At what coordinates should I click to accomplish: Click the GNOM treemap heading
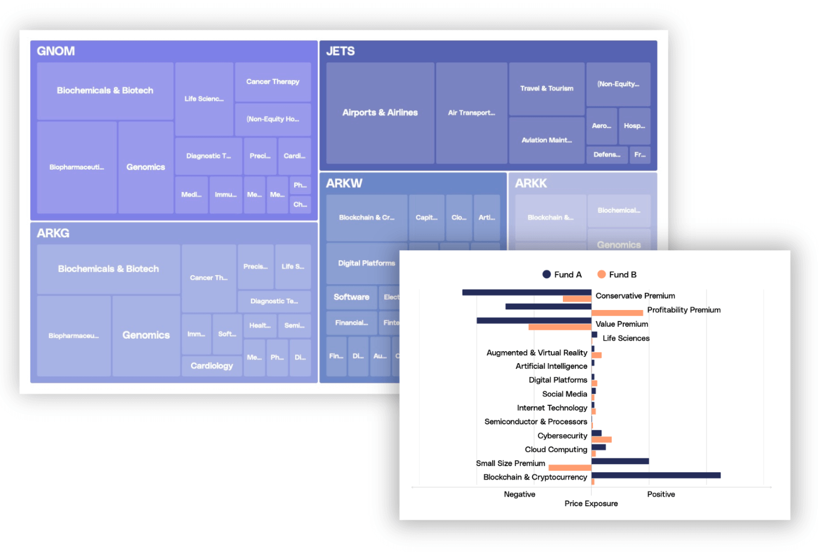click(x=56, y=51)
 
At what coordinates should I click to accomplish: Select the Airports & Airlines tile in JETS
click(x=380, y=112)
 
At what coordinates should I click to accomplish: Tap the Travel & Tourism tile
click(x=546, y=88)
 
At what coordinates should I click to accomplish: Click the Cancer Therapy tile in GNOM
click(x=272, y=82)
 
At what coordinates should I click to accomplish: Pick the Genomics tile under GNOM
click(x=145, y=167)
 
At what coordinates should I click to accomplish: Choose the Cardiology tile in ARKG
click(x=211, y=366)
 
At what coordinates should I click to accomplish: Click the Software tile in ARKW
click(x=351, y=297)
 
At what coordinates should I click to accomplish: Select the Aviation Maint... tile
click(x=546, y=140)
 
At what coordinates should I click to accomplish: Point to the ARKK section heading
click(x=531, y=183)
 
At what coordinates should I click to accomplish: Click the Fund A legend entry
click(x=562, y=274)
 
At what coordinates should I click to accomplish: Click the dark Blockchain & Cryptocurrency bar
click(x=656, y=475)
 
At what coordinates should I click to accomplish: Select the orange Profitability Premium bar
click(x=616, y=313)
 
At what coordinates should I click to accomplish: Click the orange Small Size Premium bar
click(x=570, y=468)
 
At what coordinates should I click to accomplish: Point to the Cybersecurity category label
click(x=562, y=435)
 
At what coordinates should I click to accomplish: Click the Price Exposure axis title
click(x=590, y=503)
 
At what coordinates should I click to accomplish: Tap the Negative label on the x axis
click(x=519, y=494)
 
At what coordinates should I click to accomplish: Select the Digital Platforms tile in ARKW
click(x=366, y=263)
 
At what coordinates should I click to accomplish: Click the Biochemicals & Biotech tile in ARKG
click(x=108, y=268)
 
